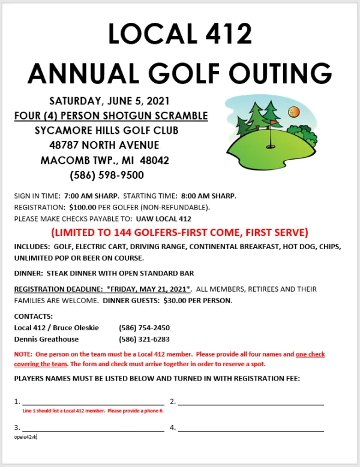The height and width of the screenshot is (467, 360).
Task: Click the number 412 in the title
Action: coord(220,34)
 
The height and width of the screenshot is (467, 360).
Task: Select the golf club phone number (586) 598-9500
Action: coord(107,175)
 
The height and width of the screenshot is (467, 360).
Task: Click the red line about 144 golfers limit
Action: coord(179,232)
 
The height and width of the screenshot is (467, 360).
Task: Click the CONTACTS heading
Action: coord(34,316)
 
